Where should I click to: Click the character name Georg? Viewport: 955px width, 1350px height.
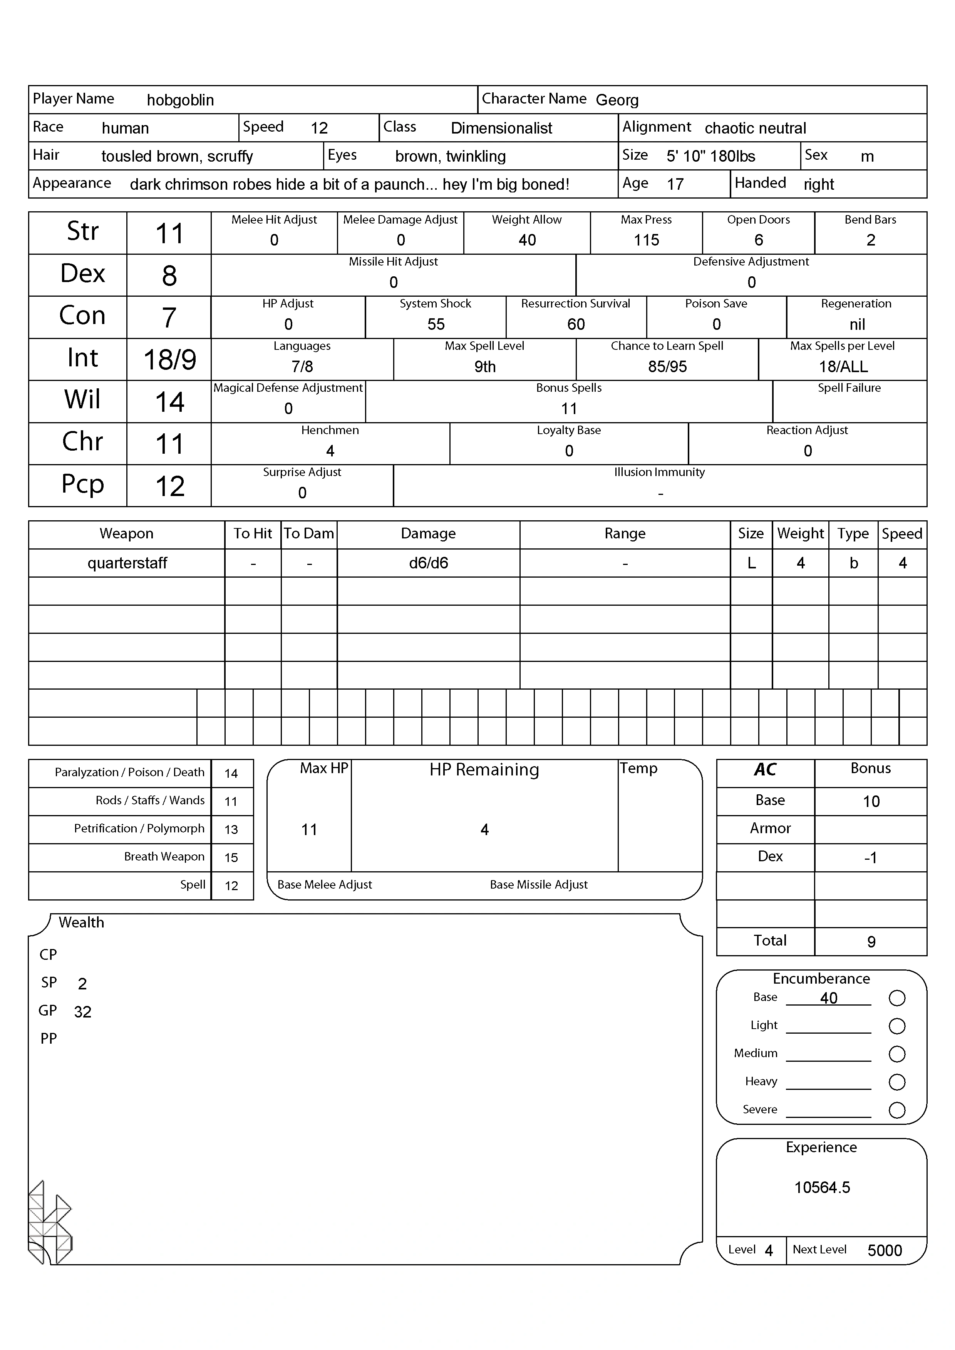(617, 100)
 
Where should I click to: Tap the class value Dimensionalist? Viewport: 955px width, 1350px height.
(501, 128)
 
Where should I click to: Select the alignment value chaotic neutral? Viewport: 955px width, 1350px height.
(755, 128)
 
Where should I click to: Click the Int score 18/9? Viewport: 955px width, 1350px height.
(169, 359)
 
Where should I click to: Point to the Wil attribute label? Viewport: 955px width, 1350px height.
(82, 400)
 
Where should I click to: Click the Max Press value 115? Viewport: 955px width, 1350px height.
(646, 240)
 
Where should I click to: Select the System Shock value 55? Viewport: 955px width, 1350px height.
(436, 324)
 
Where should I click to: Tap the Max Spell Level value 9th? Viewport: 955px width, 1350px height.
(485, 366)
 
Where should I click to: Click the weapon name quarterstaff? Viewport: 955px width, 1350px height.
(127, 563)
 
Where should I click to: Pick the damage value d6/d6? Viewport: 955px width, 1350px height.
(428, 563)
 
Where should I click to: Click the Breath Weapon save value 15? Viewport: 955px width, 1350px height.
(231, 858)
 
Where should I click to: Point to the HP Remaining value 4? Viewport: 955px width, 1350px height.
(484, 830)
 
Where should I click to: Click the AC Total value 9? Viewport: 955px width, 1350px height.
(871, 942)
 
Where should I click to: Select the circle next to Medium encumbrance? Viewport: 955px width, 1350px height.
(897, 1054)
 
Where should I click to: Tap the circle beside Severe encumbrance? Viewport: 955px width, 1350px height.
(897, 1110)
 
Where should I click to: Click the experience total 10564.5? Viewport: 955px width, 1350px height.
(822, 1188)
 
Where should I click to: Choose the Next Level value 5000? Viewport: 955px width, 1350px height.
(885, 1251)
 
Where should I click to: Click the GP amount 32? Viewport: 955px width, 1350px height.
(82, 1012)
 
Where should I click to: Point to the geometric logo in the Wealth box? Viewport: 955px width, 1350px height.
(50, 1223)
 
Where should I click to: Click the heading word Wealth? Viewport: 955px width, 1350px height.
(81, 922)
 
